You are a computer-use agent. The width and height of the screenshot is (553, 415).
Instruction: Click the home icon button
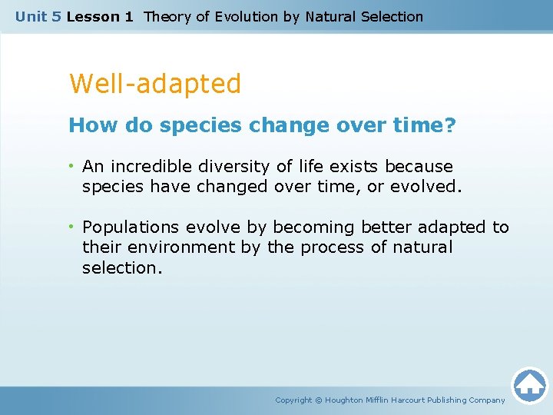(x=529, y=385)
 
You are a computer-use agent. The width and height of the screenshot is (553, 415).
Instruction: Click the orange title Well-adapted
(x=155, y=84)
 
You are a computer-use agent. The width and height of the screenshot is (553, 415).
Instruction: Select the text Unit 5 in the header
(x=38, y=16)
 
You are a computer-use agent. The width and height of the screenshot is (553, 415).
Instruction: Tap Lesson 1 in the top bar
(x=100, y=16)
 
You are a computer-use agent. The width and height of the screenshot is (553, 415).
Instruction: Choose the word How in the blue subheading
(x=87, y=125)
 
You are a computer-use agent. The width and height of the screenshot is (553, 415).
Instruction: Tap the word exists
(x=355, y=167)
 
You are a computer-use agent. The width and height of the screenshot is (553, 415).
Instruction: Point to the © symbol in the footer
(x=319, y=400)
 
